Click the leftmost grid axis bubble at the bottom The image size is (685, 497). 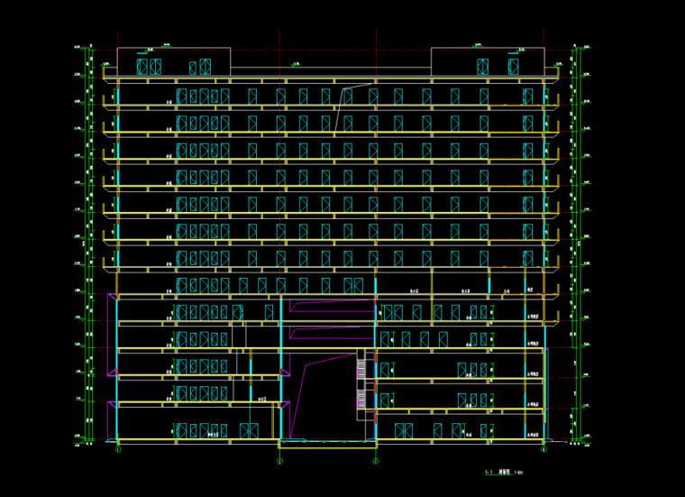pos(118,448)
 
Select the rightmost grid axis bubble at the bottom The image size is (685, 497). pos(543,448)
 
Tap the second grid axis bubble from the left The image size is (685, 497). pos(279,461)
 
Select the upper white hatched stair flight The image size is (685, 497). pos(362,370)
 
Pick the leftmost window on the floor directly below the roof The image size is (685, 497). pos(181,97)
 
